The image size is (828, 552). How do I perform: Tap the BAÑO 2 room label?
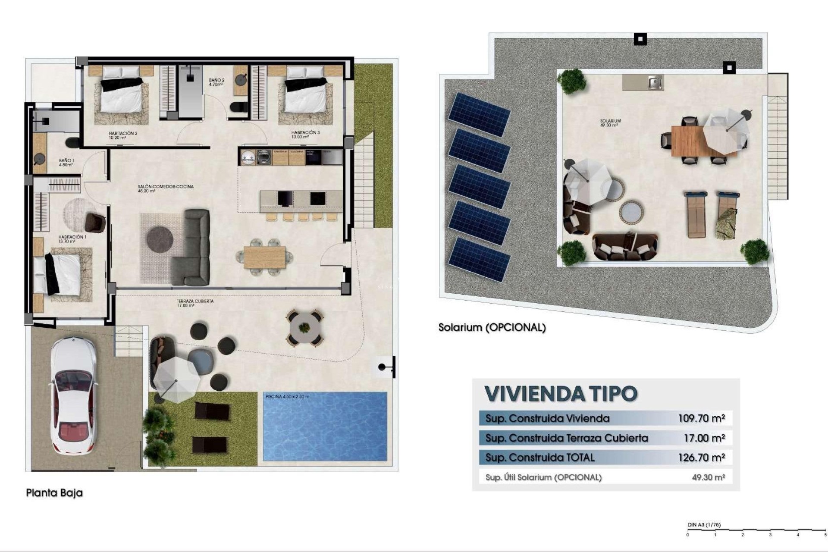[x=216, y=82]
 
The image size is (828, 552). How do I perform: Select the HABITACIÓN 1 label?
[x=72, y=239]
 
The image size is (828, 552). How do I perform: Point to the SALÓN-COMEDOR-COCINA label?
[x=166, y=188]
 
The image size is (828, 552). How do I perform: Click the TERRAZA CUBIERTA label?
[x=195, y=303]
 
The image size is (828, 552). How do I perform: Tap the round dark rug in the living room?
[x=160, y=238]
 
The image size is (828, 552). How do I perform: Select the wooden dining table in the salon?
[x=264, y=257]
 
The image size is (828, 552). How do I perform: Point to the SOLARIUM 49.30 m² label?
[x=610, y=123]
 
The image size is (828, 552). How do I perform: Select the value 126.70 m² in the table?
[x=701, y=458]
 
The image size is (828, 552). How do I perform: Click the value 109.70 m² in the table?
[x=701, y=418]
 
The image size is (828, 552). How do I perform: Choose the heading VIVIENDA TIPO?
[x=561, y=393]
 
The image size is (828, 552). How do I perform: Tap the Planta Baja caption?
[x=54, y=492]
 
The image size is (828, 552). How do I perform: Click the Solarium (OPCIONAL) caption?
[x=492, y=327]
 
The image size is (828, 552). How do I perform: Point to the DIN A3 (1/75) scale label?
[x=704, y=525]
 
